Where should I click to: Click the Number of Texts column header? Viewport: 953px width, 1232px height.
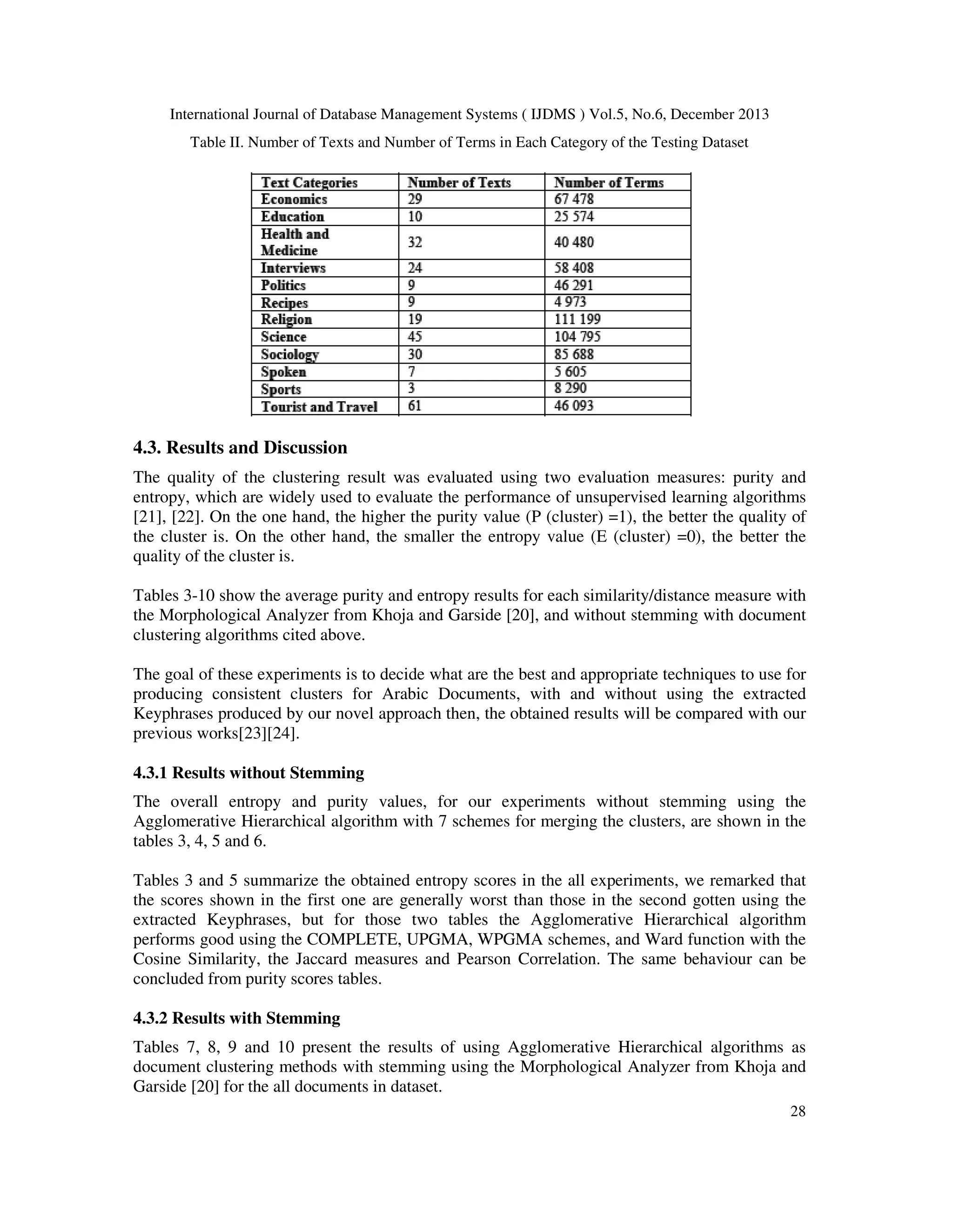pos(459,183)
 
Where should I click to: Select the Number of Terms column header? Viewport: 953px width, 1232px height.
pos(609,183)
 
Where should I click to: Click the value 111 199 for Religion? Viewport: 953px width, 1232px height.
pos(577,319)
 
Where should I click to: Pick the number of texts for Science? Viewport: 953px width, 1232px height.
pos(415,337)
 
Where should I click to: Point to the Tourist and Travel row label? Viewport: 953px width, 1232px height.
pos(319,407)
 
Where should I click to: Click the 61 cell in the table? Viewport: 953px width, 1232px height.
pos(415,406)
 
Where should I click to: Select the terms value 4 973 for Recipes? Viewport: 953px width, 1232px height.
pos(570,302)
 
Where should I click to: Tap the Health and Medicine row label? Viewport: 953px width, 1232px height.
pos(295,242)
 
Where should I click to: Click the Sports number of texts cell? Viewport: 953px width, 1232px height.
pos(411,389)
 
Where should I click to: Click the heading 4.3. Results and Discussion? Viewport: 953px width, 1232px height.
pos(240,448)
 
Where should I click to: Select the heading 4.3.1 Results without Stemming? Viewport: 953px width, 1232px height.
pos(248,773)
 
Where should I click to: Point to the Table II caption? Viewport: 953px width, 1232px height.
pos(469,143)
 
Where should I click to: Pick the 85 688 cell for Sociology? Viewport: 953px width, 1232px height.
pos(574,354)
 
